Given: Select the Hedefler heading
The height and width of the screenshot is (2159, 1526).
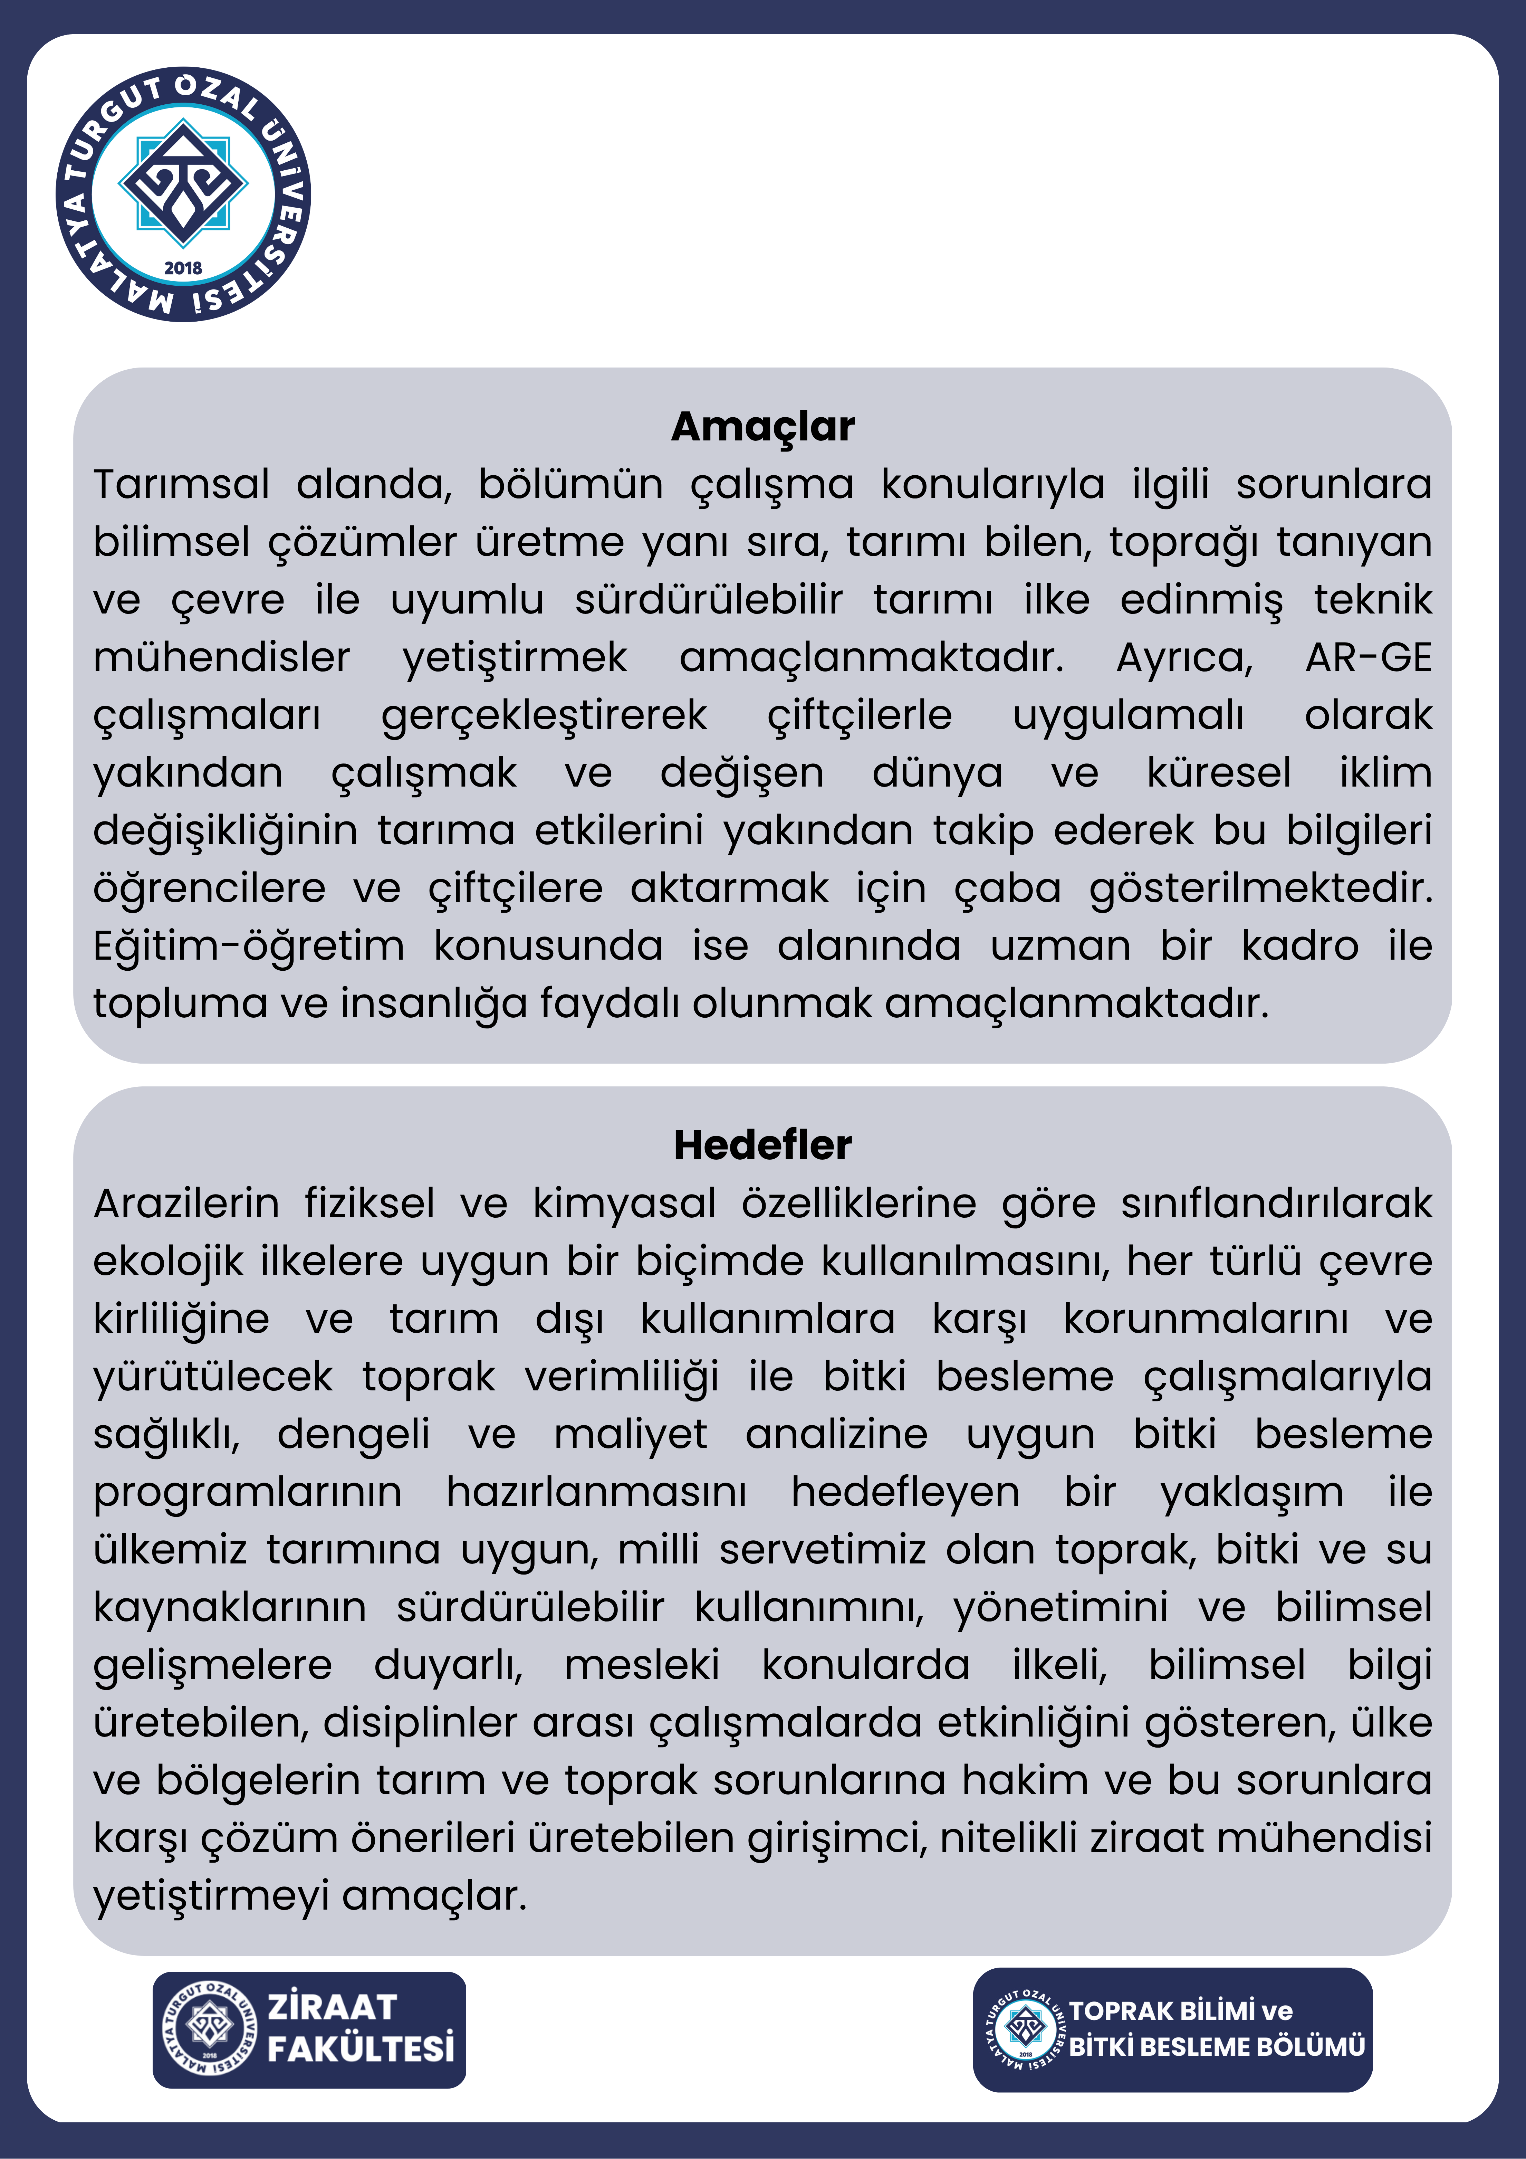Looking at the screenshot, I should point(762,1145).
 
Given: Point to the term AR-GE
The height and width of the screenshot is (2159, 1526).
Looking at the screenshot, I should point(1368,657).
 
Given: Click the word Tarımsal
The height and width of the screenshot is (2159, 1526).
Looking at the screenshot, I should point(181,484).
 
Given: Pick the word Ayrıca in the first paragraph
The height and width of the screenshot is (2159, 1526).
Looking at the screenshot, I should point(1185,657).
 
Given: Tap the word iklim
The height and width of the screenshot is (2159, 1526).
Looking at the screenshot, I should point(1385,773).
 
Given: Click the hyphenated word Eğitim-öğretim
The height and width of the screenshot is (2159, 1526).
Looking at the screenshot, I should point(249,946).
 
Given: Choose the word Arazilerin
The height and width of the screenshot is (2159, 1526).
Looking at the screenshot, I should point(186,1204).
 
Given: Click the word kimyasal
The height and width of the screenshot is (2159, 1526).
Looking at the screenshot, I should point(624,1204).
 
